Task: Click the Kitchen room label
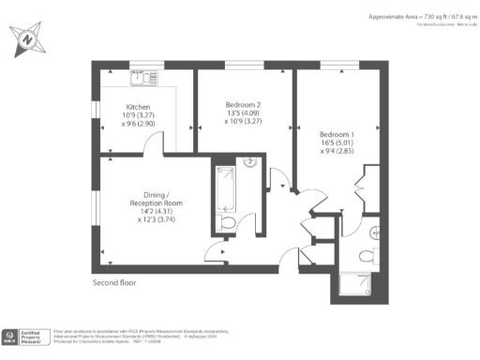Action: click(138, 108)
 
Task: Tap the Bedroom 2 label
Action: click(243, 104)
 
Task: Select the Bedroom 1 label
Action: click(338, 135)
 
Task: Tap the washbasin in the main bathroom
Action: click(250, 161)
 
